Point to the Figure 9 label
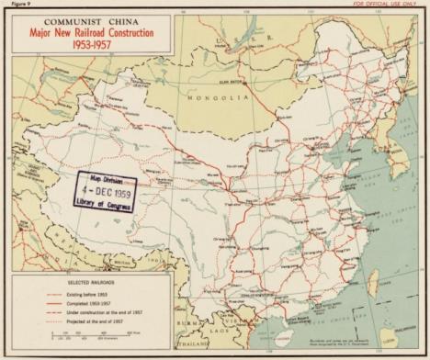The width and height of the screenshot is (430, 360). [14, 5]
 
